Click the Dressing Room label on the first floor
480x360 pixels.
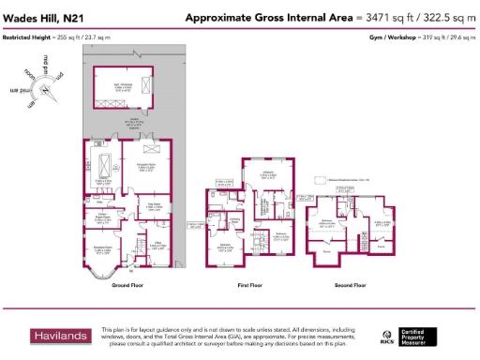tap(235, 222)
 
